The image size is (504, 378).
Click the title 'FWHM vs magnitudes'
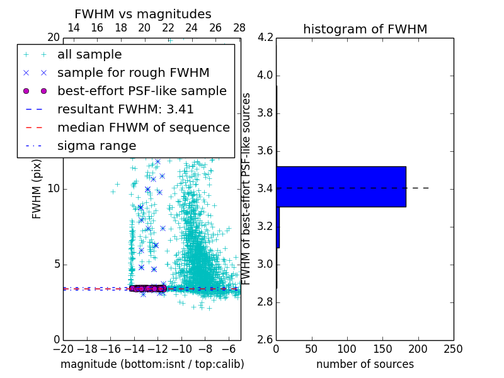(x=143, y=14)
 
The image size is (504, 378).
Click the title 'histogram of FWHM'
(x=365, y=29)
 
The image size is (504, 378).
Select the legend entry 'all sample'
(x=89, y=55)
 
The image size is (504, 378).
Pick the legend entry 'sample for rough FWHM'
(x=134, y=73)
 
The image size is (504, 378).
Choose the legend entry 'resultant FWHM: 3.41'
(x=125, y=110)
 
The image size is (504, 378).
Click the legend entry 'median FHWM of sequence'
(x=144, y=128)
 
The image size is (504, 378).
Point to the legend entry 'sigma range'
(x=96, y=146)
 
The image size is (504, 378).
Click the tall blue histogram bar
(x=341, y=186)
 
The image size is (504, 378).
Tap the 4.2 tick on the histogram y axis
(x=265, y=38)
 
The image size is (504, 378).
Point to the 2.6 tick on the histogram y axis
(x=265, y=340)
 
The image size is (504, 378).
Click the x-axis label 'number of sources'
(x=365, y=364)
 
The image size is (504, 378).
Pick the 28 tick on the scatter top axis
(x=239, y=28)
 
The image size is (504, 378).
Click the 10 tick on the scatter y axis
(x=53, y=189)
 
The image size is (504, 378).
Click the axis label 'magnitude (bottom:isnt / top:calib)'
(x=152, y=364)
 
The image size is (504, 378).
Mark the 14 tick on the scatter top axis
(x=73, y=28)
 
